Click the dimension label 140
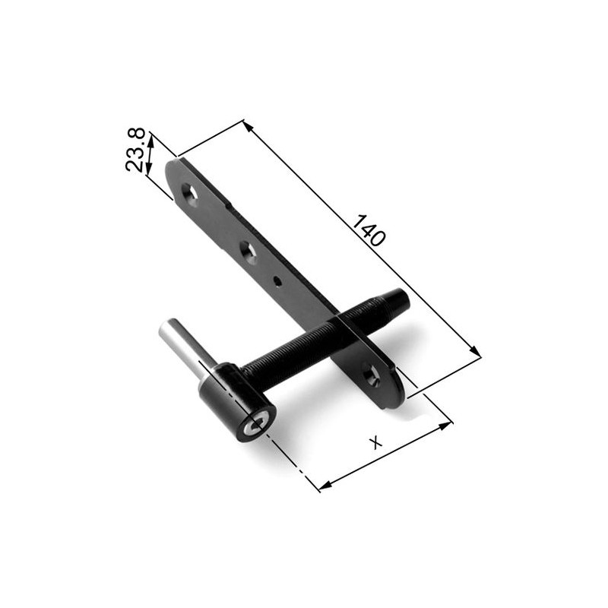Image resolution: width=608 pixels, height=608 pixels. pyautogui.click(x=369, y=230)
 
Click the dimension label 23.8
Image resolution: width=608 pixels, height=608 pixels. pyautogui.click(x=135, y=150)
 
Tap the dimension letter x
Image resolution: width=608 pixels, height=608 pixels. pyautogui.click(x=375, y=442)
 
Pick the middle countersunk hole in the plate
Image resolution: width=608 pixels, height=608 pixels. pyautogui.click(x=248, y=252)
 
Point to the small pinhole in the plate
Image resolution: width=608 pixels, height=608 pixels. pyautogui.click(x=277, y=280)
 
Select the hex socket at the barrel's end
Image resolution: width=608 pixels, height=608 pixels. pyautogui.click(x=256, y=425)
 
